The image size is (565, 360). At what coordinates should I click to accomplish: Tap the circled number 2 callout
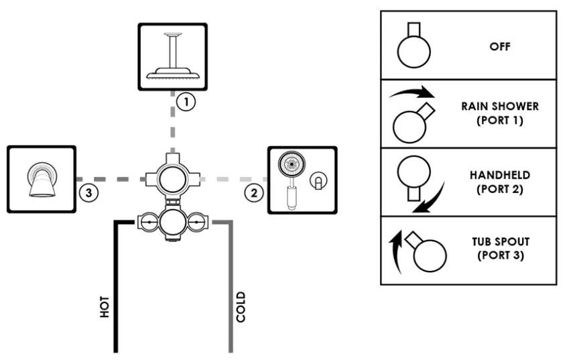click(253, 192)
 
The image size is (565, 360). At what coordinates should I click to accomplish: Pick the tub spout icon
click(42, 178)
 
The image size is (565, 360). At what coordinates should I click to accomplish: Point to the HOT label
click(105, 306)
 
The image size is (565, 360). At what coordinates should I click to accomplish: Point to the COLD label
click(241, 306)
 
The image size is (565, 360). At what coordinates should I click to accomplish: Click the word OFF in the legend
click(499, 47)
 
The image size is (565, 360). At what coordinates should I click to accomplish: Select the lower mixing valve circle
click(172, 221)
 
